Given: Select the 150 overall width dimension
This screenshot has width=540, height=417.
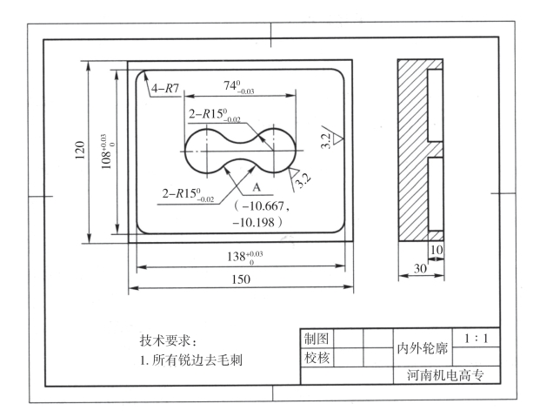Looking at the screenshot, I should [241, 279].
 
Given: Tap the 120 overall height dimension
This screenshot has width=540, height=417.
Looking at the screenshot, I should [79, 147].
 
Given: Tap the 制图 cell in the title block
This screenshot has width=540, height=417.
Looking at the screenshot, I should [317, 338].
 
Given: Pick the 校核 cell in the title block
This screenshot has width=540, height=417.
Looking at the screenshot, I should [317, 357].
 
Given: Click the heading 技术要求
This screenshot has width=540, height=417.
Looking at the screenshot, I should [169, 340].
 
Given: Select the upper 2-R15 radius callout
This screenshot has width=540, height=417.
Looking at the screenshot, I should [217, 113].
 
